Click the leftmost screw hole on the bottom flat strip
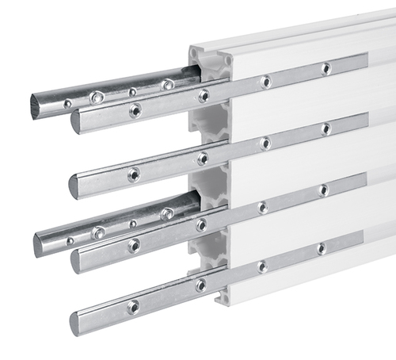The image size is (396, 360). (x=133, y=306)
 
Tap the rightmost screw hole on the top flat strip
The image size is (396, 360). (x=326, y=68)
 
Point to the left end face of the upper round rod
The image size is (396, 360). (x=36, y=106)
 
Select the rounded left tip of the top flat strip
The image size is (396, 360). (x=75, y=121)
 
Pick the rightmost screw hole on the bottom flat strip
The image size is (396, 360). (x=322, y=248)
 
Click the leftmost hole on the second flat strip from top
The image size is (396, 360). (x=133, y=173)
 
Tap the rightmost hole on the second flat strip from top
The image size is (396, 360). (x=326, y=128)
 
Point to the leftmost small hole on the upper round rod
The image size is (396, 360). (x=67, y=103)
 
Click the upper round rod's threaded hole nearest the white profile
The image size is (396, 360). (x=167, y=84)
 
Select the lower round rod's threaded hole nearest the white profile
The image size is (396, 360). (x=166, y=213)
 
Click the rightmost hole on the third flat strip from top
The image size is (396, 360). (x=323, y=190)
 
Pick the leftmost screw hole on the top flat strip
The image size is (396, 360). (x=135, y=110)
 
